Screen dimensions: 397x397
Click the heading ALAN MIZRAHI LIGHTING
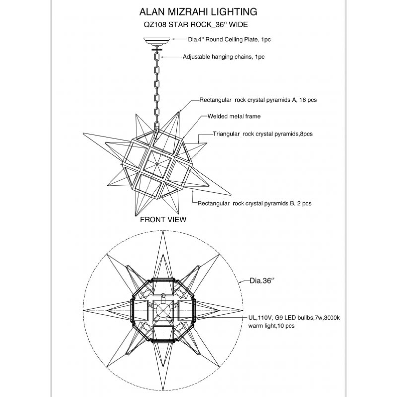click(x=198, y=12)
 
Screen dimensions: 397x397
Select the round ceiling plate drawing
click(x=157, y=42)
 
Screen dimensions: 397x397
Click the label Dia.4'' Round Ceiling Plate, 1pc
click(x=229, y=39)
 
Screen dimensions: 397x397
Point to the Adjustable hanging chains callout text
click(x=224, y=57)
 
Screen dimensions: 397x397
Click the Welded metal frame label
click(x=234, y=116)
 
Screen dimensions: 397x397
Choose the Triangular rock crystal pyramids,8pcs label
click(x=263, y=134)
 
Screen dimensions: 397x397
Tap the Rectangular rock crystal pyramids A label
click(x=258, y=100)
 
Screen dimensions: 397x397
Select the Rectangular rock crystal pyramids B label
click(x=254, y=203)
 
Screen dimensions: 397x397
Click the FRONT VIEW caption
click(x=163, y=220)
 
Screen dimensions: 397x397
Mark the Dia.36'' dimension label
click(x=262, y=281)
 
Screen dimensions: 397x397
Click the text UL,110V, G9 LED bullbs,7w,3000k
click(x=294, y=318)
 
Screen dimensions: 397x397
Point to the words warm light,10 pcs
click(x=271, y=326)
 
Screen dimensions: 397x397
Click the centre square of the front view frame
click(x=157, y=164)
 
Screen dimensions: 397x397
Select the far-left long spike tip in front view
click(x=83, y=134)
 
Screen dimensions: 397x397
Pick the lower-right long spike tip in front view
click(x=231, y=195)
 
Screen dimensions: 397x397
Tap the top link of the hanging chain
click(x=157, y=56)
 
